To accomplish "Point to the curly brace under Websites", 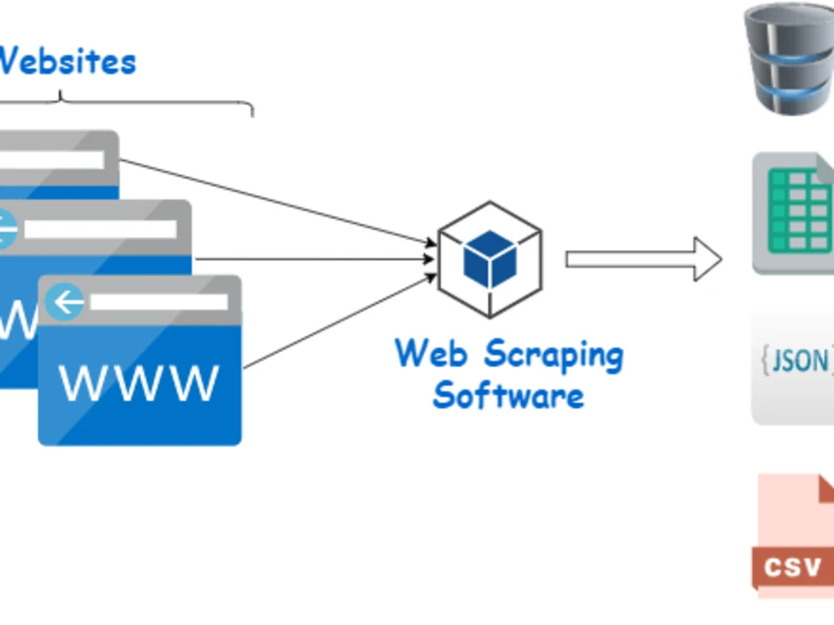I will pyautogui.click(x=125, y=104).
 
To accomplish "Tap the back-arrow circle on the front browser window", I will pyautogui.click(x=65, y=302).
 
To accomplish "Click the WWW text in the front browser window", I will pyautogui.click(x=139, y=384).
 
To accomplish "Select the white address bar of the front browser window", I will pyautogui.click(x=158, y=302).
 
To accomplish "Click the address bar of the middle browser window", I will pyautogui.click(x=100, y=229).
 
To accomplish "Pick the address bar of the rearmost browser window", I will pyautogui.click(x=50, y=159).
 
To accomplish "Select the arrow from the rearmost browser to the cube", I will pyautogui.click(x=275, y=201).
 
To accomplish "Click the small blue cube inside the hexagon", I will pyautogui.click(x=490, y=258).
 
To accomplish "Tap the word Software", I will pyautogui.click(x=508, y=395).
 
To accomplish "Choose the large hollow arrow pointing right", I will pyautogui.click(x=642, y=260).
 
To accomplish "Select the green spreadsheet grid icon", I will pyautogui.click(x=796, y=212).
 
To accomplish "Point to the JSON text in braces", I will pyautogui.click(x=796, y=360).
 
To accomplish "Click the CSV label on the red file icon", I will pyautogui.click(x=793, y=568).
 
